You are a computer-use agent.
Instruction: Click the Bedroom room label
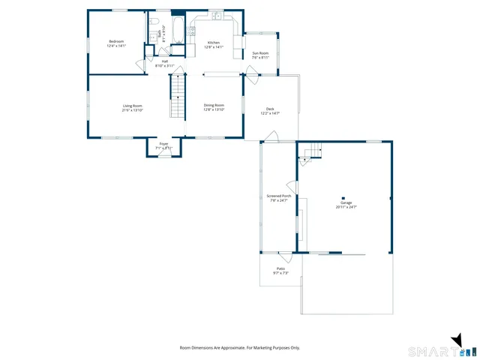tap(115, 41)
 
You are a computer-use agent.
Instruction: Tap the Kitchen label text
tap(214, 43)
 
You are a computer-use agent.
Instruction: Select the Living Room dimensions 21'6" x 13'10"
tap(133, 110)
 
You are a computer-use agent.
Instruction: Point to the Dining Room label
tap(214, 106)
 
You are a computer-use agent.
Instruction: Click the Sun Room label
tap(260, 53)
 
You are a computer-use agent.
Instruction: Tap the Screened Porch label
tap(279, 196)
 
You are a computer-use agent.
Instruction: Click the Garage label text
tap(346, 202)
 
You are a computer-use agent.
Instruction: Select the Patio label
tap(280, 268)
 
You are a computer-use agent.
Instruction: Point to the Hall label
tap(164, 61)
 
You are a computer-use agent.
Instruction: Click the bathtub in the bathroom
tap(178, 31)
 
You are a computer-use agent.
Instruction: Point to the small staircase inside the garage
tap(313, 153)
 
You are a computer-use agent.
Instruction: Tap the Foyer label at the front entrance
tap(163, 145)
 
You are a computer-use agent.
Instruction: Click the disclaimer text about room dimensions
tap(239, 347)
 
